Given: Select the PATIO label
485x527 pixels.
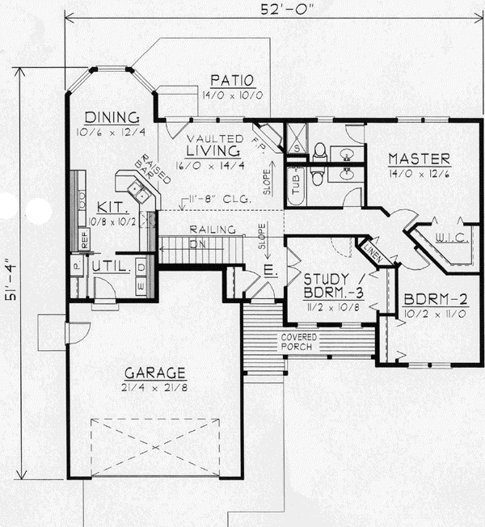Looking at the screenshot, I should [x=233, y=80].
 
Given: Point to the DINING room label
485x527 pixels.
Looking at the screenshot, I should [x=113, y=116].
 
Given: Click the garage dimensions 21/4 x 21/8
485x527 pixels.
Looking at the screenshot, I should [x=155, y=388].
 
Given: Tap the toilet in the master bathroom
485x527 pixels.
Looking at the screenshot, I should [x=320, y=150].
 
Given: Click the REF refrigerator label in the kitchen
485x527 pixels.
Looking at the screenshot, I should [x=82, y=238].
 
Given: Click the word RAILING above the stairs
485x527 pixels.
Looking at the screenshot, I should [x=207, y=229].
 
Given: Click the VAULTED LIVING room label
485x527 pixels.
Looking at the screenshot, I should [x=213, y=144].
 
